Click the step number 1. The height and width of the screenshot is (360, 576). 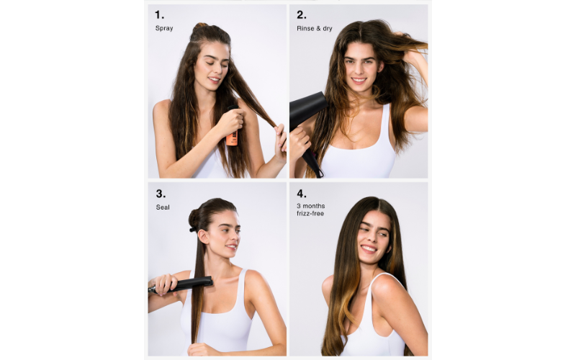pos(159,15)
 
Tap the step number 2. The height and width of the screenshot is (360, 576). pos(301,15)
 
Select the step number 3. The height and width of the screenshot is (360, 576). pos(161,194)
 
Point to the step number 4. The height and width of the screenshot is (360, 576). pos(302,194)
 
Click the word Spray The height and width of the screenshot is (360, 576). pos(164,28)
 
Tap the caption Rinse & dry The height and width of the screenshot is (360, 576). pos(315,28)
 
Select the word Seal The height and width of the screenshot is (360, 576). pos(163,207)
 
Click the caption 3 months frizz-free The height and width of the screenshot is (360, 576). pos(311,210)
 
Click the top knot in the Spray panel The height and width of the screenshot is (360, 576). pos(201,27)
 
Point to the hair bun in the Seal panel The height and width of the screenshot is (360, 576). pos(194,220)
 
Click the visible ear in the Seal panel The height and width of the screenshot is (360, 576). pos(203,236)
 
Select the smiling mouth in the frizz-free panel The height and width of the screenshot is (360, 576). pos(369,249)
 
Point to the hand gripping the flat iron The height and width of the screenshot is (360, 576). pos(165,284)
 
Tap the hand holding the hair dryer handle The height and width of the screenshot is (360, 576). pos(300,143)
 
